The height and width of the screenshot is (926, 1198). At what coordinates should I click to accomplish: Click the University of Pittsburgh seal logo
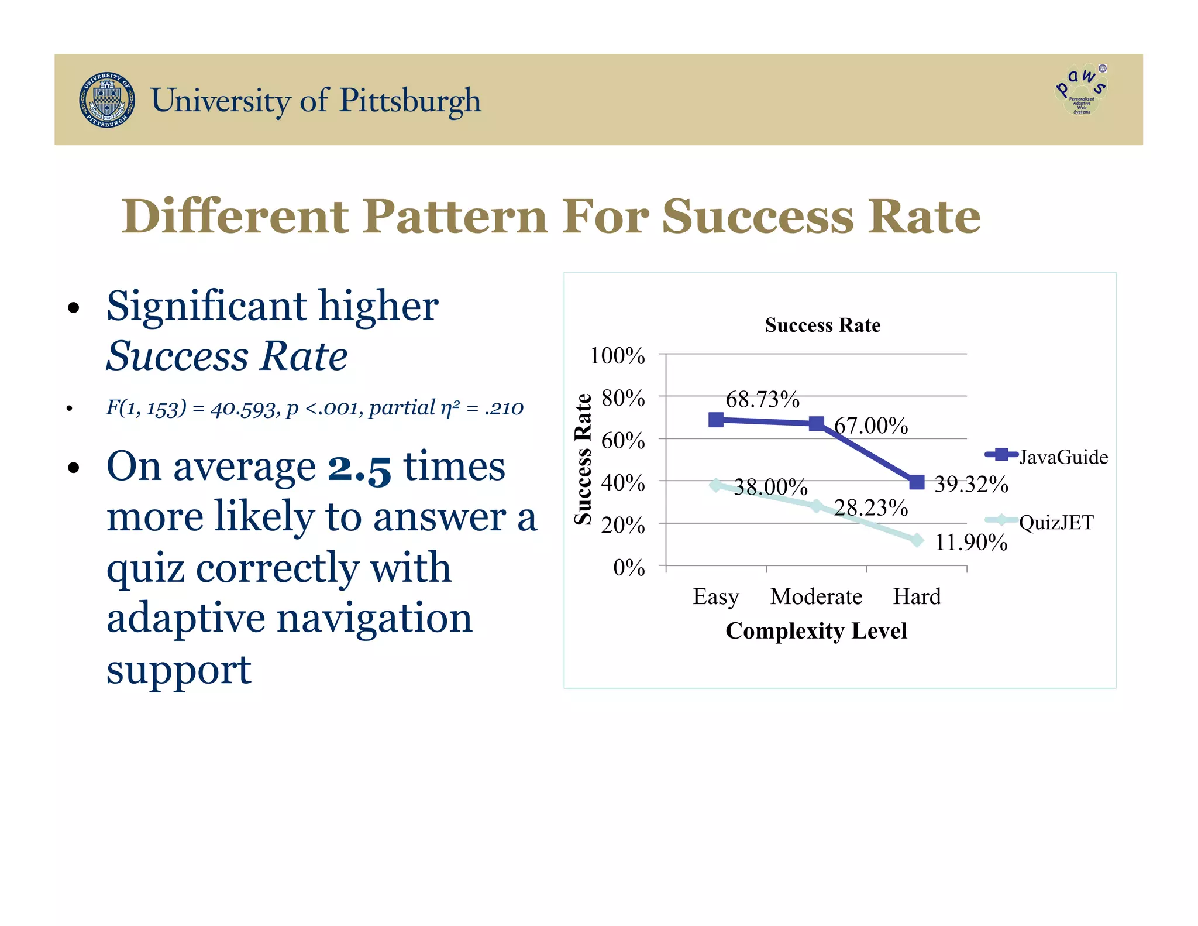pyautogui.click(x=107, y=100)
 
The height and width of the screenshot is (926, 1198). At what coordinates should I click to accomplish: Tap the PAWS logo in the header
pyautogui.click(x=1081, y=90)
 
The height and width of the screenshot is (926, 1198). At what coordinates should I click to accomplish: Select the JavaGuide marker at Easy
pyautogui.click(x=716, y=420)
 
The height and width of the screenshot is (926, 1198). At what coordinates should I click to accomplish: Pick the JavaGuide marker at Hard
pyautogui.click(x=917, y=482)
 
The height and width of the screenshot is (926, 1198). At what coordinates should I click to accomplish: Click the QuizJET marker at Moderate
pyautogui.click(x=817, y=506)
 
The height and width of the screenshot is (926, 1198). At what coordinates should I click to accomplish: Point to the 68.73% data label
pyautogui.click(x=762, y=400)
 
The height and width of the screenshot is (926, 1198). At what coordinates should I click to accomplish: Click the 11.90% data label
pyautogui.click(x=971, y=543)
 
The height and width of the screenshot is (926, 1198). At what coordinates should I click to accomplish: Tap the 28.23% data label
pyautogui.click(x=870, y=508)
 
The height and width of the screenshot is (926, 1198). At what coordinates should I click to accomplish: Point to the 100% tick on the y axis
pyautogui.click(x=617, y=356)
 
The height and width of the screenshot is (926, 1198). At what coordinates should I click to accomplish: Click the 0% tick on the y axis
pyautogui.click(x=629, y=567)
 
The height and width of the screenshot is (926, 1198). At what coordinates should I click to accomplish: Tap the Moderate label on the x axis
pyautogui.click(x=816, y=596)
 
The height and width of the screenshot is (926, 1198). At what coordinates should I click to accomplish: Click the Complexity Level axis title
pyautogui.click(x=816, y=631)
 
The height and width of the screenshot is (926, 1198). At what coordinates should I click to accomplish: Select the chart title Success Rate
pyautogui.click(x=822, y=325)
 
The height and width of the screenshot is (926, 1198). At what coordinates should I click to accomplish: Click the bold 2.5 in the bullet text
pyautogui.click(x=359, y=468)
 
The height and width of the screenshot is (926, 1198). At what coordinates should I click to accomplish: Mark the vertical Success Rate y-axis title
pyautogui.click(x=583, y=459)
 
